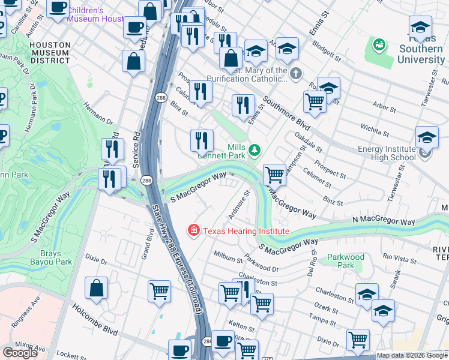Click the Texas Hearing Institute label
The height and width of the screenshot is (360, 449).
point(246,231)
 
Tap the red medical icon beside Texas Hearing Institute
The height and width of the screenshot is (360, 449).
point(194,230)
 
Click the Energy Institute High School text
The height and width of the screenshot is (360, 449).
point(387,153)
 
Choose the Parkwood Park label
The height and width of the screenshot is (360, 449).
point(346,261)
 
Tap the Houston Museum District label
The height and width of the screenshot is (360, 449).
point(50,52)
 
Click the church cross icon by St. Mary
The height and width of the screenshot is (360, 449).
point(295,74)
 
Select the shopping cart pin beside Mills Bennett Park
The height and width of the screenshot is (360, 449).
point(274,175)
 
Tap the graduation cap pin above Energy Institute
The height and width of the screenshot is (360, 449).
point(427,137)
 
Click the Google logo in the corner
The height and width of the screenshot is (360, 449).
point(20,353)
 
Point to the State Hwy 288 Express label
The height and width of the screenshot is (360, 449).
point(180,258)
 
